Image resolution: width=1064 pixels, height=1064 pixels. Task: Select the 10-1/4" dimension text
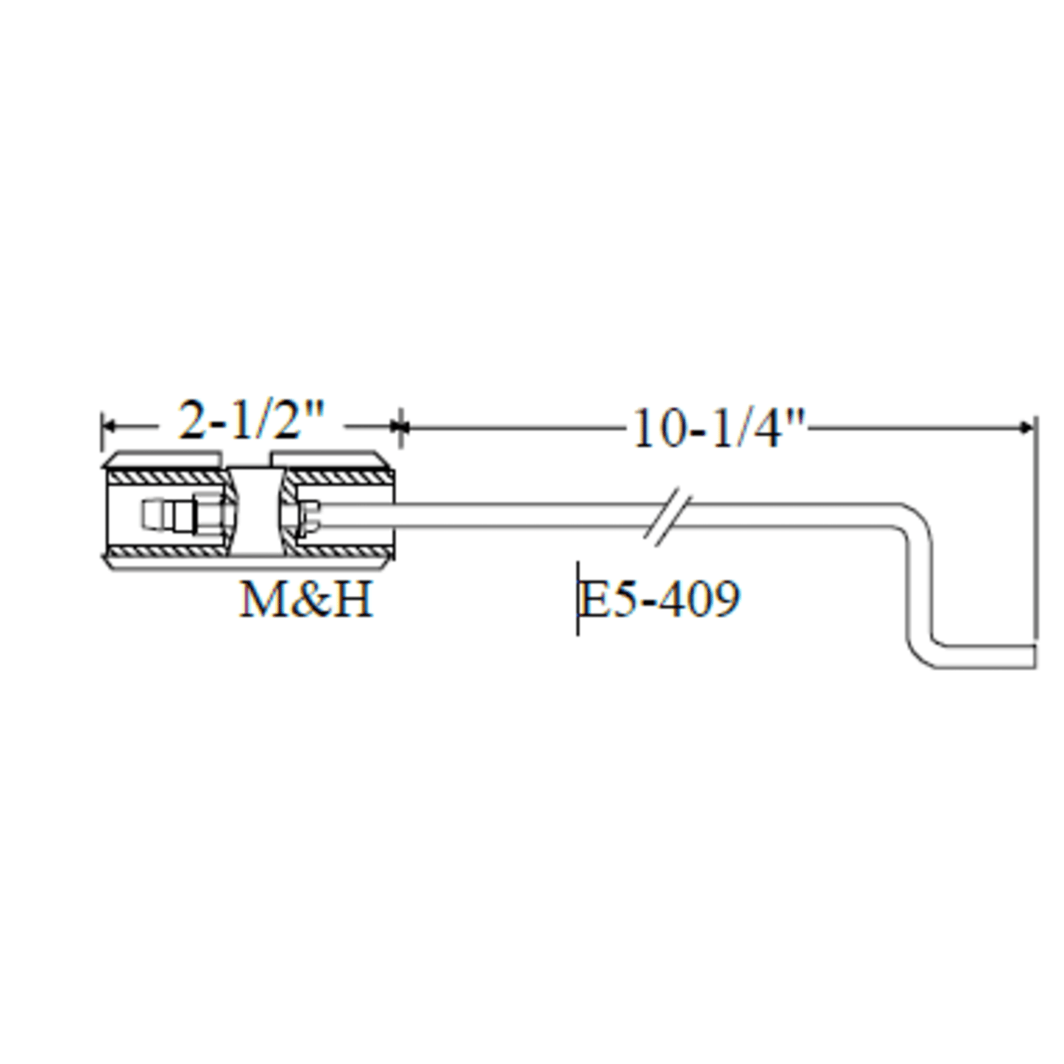click(x=719, y=429)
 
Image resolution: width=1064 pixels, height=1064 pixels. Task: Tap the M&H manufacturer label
click(x=306, y=599)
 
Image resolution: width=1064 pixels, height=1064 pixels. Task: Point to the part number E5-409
click(x=660, y=599)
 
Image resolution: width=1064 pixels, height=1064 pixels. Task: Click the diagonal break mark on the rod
click(x=668, y=517)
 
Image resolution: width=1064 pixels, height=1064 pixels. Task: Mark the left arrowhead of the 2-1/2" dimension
click(x=109, y=426)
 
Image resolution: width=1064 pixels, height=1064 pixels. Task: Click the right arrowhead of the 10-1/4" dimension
click(x=1028, y=427)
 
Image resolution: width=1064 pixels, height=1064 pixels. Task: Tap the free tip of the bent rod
click(x=1034, y=656)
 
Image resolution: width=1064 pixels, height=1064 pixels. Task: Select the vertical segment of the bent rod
click(x=918, y=585)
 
